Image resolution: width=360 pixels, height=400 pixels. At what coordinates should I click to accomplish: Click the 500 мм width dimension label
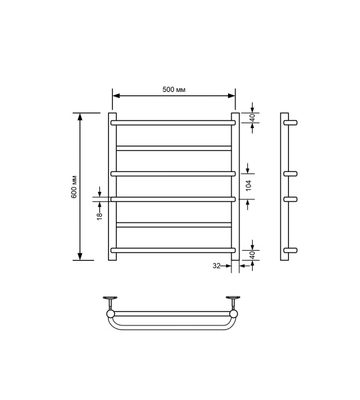tap(173, 90)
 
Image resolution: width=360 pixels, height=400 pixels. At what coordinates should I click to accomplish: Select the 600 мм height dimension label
tap(75, 187)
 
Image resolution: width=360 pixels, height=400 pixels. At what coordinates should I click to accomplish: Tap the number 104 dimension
tap(249, 186)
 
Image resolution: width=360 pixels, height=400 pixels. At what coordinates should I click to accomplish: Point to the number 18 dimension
tap(99, 215)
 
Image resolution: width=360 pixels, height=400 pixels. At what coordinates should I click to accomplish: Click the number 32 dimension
tap(216, 266)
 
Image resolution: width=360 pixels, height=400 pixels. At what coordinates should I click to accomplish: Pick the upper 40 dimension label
tap(252, 117)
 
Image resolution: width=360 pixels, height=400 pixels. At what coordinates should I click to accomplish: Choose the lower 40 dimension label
tap(252, 255)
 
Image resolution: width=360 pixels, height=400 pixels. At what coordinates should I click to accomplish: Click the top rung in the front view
tap(173, 123)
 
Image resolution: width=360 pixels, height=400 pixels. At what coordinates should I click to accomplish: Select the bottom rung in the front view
tap(173, 250)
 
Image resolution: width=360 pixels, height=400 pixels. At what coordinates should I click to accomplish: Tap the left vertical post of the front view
tap(112, 187)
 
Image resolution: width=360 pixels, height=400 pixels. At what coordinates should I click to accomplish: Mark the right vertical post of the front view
tap(235, 187)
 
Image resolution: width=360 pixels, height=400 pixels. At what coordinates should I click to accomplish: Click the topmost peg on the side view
tap(291, 123)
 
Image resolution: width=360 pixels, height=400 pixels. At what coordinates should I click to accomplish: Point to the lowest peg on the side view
tap(291, 251)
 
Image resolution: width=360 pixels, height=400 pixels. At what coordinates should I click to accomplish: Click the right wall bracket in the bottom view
tap(233, 299)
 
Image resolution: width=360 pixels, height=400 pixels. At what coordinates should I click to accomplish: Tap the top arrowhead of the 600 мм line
tap(81, 117)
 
